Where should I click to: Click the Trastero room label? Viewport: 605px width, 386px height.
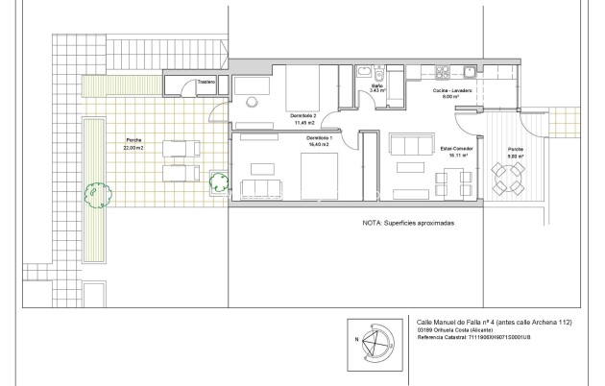(x=206, y=83)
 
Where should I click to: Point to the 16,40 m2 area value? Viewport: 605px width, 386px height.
(x=319, y=143)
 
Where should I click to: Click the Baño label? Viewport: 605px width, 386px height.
(x=377, y=86)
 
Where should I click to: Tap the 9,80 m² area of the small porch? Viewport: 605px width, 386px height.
(x=515, y=157)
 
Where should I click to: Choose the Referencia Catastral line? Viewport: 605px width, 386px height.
(x=473, y=338)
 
